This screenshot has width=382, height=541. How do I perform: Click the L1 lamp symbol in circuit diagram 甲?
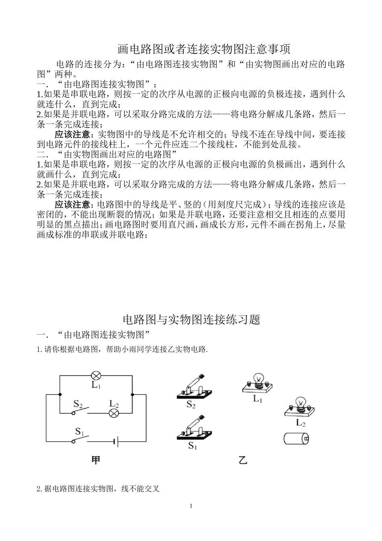pyautogui.click(x=96, y=376)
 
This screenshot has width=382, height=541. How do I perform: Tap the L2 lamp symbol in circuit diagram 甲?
pyautogui.click(x=114, y=413)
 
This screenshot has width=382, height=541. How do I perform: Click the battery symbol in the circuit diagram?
pyautogui.click(x=116, y=442)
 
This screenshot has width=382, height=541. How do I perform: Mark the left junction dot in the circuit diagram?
pyautogui.click(x=60, y=394)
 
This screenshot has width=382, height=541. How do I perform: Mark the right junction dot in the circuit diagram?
pyautogui.click(x=132, y=394)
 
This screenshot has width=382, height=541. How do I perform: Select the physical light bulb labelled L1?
pyautogui.click(x=257, y=384)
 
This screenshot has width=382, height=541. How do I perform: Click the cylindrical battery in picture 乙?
pyautogui.click(x=296, y=438)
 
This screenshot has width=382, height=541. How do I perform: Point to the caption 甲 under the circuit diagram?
pyautogui.click(x=96, y=460)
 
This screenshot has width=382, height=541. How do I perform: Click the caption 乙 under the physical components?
pyautogui.click(x=243, y=460)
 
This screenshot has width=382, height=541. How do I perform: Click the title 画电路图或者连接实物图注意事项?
pyautogui.click(x=203, y=49)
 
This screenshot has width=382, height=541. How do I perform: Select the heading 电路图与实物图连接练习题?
pyautogui.click(x=191, y=320)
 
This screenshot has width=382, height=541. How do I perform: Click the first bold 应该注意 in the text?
pyautogui.click(x=72, y=134)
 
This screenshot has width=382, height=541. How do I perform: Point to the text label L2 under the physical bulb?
pyautogui.click(x=301, y=423)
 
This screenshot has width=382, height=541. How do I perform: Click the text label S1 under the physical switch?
pyautogui.click(x=193, y=446)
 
